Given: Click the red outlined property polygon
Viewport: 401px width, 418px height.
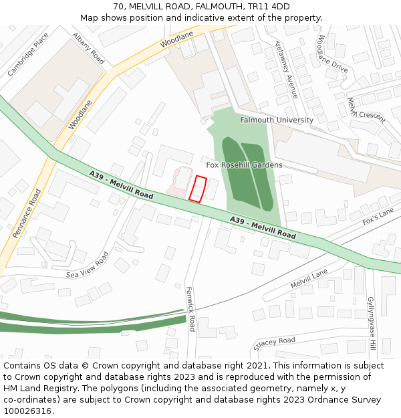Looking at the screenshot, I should [197, 188].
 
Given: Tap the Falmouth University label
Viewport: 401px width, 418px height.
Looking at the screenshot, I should [277, 120].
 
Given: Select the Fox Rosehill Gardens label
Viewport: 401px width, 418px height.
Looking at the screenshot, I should [244, 165].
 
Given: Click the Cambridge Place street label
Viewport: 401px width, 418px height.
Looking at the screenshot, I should [28, 54].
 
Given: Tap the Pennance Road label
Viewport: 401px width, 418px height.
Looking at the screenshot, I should [27, 213].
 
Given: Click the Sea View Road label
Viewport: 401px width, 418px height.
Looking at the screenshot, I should [87, 266].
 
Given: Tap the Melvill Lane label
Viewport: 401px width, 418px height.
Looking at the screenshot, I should [309, 279].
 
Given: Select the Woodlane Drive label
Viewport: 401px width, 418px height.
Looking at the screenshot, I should [332, 54].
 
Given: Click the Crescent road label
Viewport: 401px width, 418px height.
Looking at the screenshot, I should [372, 115].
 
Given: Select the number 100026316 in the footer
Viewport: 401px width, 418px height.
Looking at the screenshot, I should [28, 411].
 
